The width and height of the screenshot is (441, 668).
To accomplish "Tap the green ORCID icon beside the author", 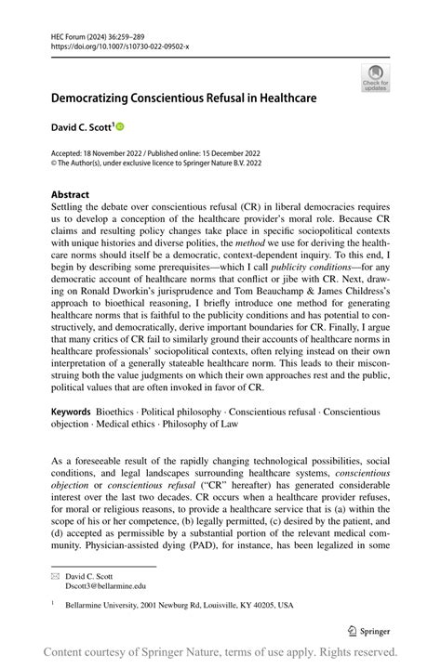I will [x=119, y=125].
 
